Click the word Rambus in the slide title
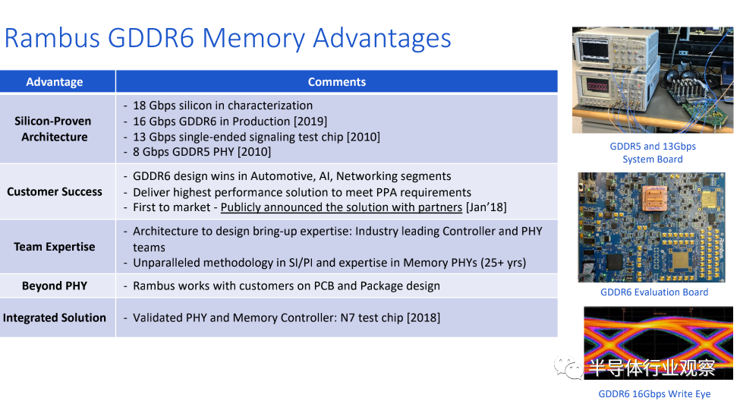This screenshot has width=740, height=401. tap(57, 38)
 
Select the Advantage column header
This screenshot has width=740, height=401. tap(55, 82)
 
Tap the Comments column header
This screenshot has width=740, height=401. tap(336, 82)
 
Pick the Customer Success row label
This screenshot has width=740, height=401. tap(55, 191)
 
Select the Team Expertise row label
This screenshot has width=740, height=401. tap(55, 247)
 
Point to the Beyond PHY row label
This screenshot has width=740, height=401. tap(55, 286)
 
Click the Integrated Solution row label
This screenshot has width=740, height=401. tap(55, 317)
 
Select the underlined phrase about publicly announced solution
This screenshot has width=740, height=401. tap(342, 207)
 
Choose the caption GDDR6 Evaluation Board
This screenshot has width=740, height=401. tap(654, 292)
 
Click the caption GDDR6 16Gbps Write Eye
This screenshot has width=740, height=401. tap(654, 393)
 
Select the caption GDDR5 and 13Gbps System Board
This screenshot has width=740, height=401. tap(653, 153)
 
